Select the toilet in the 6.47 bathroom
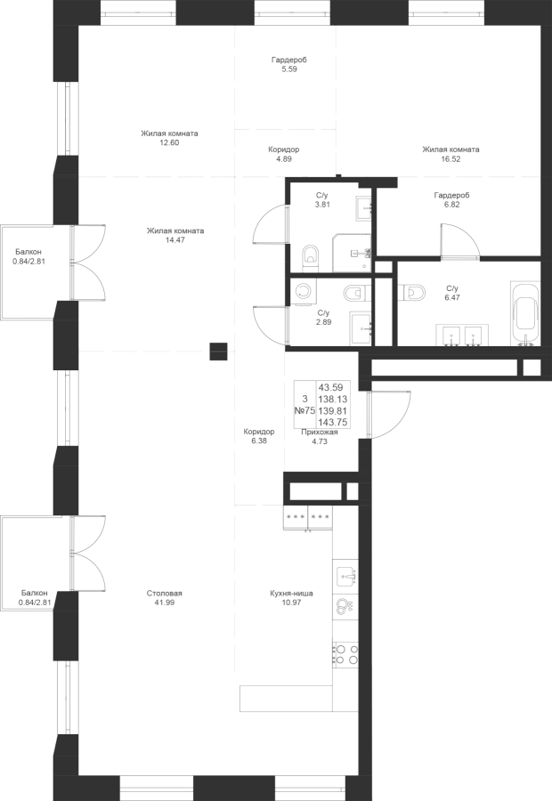(410, 292)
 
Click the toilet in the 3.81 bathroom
(310, 256)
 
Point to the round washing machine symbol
(302, 291)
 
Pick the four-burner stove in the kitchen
(345, 654)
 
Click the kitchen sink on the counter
(345, 576)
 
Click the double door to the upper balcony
(87, 264)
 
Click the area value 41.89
(165, 603)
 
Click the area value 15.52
(451, 159)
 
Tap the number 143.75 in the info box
(330, 423)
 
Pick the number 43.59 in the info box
(330, 386)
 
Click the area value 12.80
(169, 142)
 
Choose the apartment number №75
(304, 411)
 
